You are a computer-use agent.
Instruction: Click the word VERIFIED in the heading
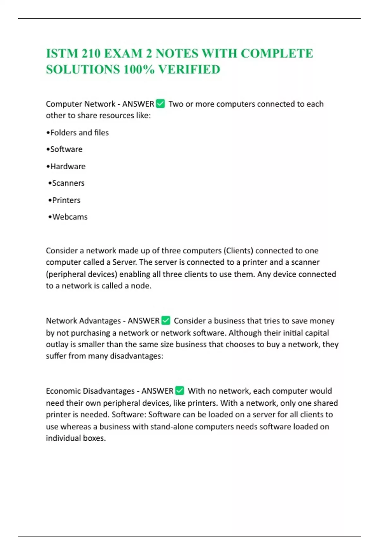click(x=189, y=69)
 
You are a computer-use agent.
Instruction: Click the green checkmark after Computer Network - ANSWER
click(x=160, y=104)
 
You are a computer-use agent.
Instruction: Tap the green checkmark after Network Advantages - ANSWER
click(x=166, y=320)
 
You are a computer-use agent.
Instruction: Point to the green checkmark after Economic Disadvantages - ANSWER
click(x=179, y=390)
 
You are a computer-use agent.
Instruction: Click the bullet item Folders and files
click(x=79, y=133)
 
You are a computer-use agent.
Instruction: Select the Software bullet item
click(x=66, y=149)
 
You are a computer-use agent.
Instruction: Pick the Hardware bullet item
click(x=68, y=166)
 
